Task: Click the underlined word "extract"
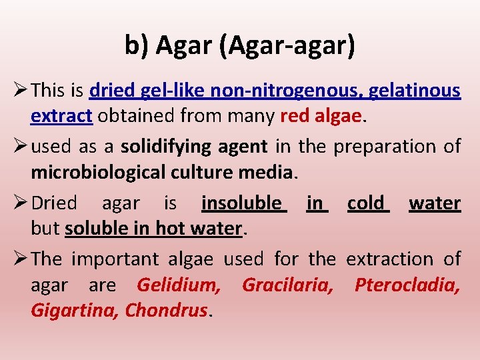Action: click(61, 116)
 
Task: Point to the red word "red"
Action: click(293, 116)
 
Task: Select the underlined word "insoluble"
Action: click(243, 203)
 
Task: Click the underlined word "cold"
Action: click(367, 203)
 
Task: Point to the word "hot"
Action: click(169, 229)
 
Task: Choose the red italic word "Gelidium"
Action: click(178, 285)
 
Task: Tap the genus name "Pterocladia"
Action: click(407, 285)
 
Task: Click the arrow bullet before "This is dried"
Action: click(19, 89)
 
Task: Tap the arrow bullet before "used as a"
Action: click(19, 145)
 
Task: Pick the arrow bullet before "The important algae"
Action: click(19, 259)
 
